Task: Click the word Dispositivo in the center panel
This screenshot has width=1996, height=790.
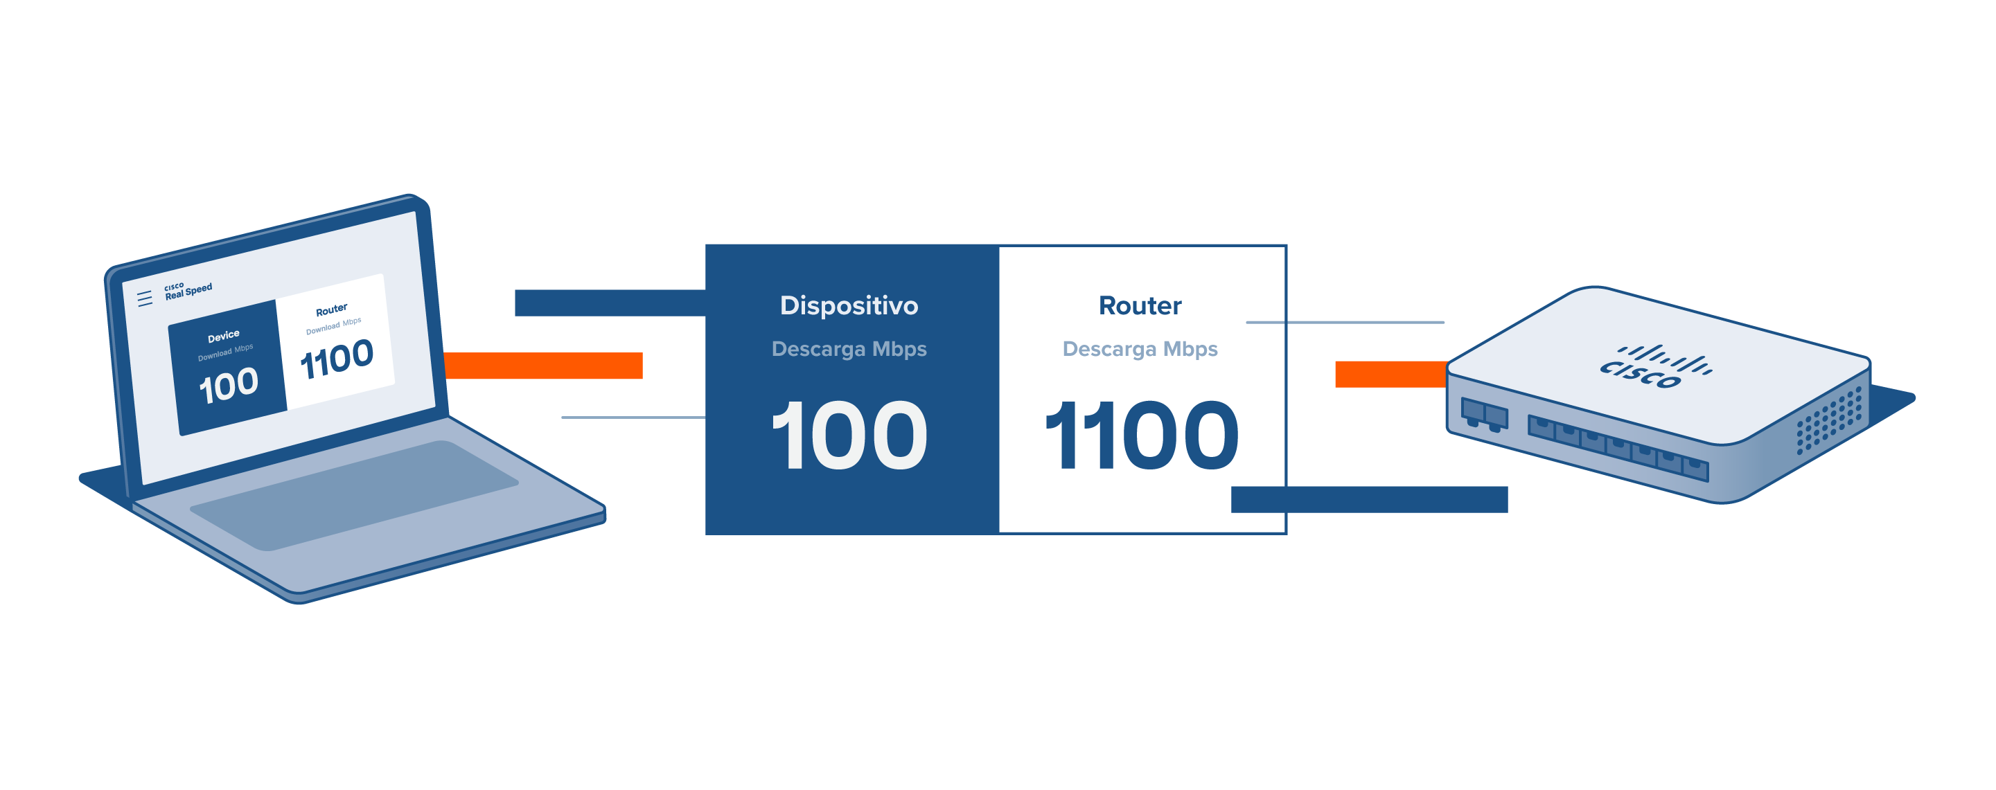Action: pyautogui.click(x=849, y=306)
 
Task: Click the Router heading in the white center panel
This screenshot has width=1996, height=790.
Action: pyautogui.click(x=1140, y=306)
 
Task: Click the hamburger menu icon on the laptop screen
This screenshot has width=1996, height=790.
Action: pyautogui.click(x=145, y=298)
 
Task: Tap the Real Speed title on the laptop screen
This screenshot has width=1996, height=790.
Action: pyautogui.click(x=188, y=291)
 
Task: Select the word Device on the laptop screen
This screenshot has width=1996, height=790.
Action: pyautogui.click(x=223, y=336)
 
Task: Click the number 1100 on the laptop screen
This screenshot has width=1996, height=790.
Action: pyautogui.click(x=336, y=359)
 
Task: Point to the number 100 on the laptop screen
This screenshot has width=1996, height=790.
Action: pyautogui.click(x=229, y=386)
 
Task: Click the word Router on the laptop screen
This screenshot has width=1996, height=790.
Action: pyautogui.click(x=332, y=309)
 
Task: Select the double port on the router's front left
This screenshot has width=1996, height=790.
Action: pyautogui.click(x=1484, y=413)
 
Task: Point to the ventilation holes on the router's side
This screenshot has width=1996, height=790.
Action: pyautogui.click(x=1828, y=420)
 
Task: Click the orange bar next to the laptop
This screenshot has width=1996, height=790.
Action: pyautogui.click(x=543, y=366)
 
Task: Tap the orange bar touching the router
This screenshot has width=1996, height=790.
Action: pyautogui.click(x=1390, y=374)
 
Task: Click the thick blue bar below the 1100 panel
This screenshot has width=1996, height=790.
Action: pyautogui.click(x=1369, y=500)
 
